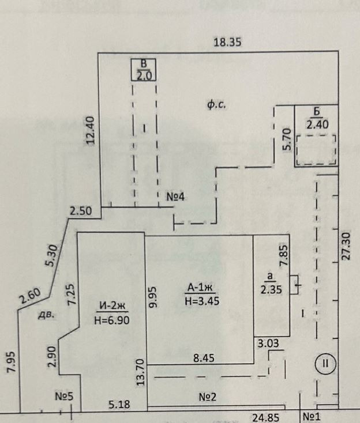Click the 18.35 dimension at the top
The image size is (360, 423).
[x=226, y=41]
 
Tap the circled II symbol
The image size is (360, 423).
[x=325, y=364]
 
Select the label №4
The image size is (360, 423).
[x=175, y=197]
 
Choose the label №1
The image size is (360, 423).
[x=312, y=416]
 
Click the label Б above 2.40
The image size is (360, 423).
[x=316, y=111]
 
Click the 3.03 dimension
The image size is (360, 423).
[x=269, y=344]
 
